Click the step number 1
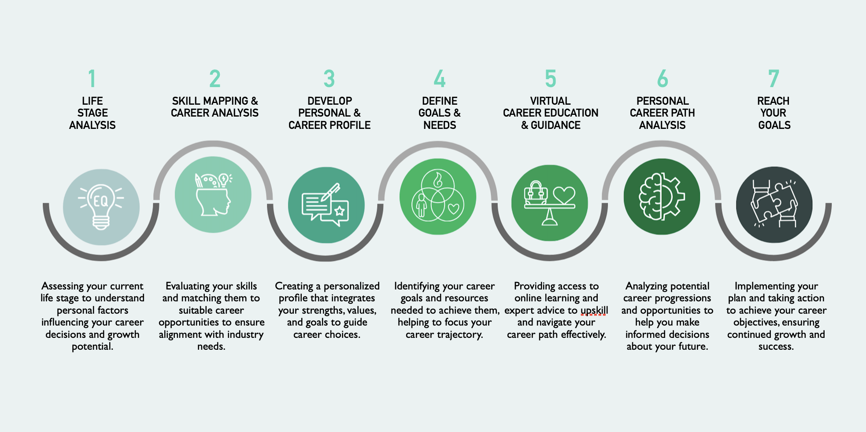click(x=92, y=79)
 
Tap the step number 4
click(x=440, y=79)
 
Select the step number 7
click(x=773, y=79)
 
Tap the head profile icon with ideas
click(x=213, y=194)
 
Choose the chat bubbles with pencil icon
click(x=326, y=205)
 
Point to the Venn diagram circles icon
click(x=438, y=197)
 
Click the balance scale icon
click(x=549, y=203)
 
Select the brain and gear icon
click(x=662, y=197)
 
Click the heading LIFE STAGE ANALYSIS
click(x=93, y=113)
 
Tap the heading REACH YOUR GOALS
click(x=774, y=113)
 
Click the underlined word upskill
click(x=594, y=310)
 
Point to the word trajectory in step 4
click(x=459, y=334)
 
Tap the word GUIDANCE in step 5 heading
click(x=555, y=125)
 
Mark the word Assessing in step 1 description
click(x=63, y=286)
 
